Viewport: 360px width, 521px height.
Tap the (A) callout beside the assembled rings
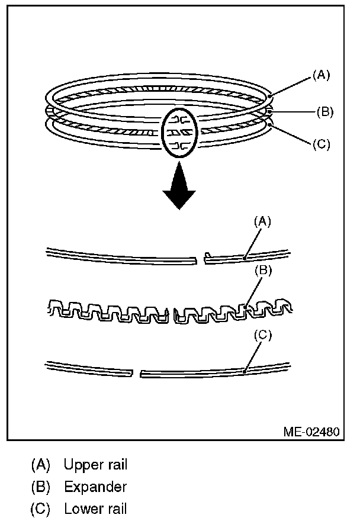click(321, 75)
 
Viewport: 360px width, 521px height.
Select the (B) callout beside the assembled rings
click(325, 111)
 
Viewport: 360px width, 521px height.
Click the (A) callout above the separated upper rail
click(263, 221)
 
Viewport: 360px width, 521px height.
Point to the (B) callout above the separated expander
click(263, 271)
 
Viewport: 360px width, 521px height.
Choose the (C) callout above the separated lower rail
click(263, 335)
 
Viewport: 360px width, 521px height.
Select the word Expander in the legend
click(95, 487)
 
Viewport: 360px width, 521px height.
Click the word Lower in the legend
click(82, 509)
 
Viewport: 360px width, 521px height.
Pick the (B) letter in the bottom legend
click(41, 487)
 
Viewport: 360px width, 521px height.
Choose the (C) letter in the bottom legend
click(41, 509)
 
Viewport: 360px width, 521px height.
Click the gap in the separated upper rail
click(200, 258)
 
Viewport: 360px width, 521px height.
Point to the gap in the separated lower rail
click(136, 374)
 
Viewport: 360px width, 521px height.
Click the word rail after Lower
click(116, 509)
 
